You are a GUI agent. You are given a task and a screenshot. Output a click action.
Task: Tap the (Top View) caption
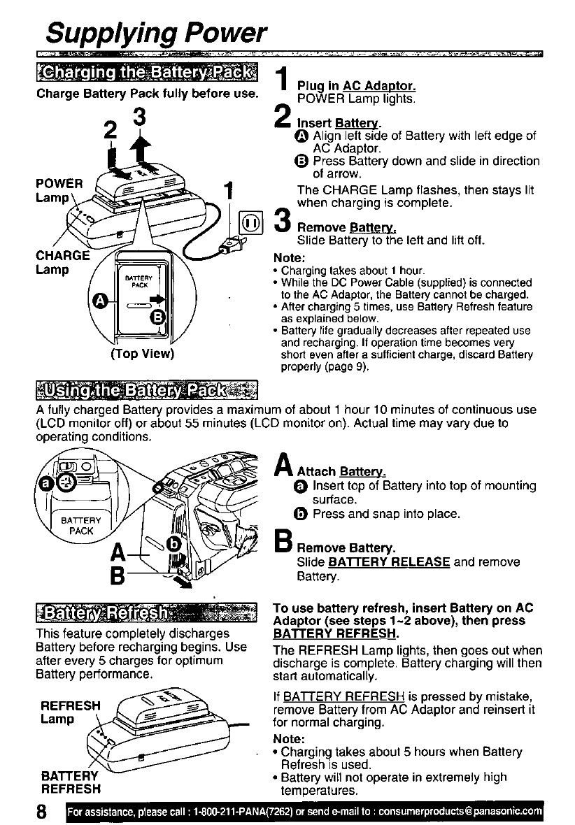[x=142, y=353]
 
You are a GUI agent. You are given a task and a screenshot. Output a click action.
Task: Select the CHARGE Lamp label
[x=62, y=261]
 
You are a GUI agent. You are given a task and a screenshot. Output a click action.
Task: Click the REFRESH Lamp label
[x=69, y=712]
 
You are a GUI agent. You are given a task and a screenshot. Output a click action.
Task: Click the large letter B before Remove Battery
[x=285, y=543]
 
